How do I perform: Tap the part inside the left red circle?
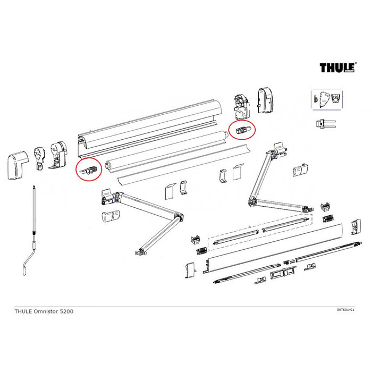[88, 170]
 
